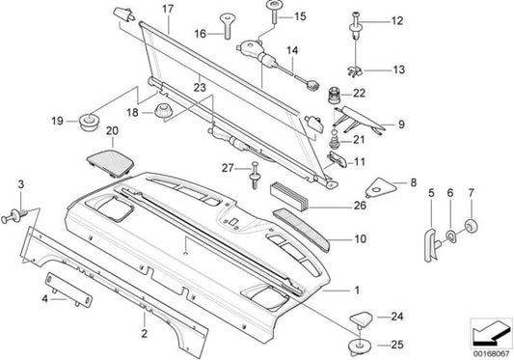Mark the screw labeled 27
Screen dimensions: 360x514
coord(255,175)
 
